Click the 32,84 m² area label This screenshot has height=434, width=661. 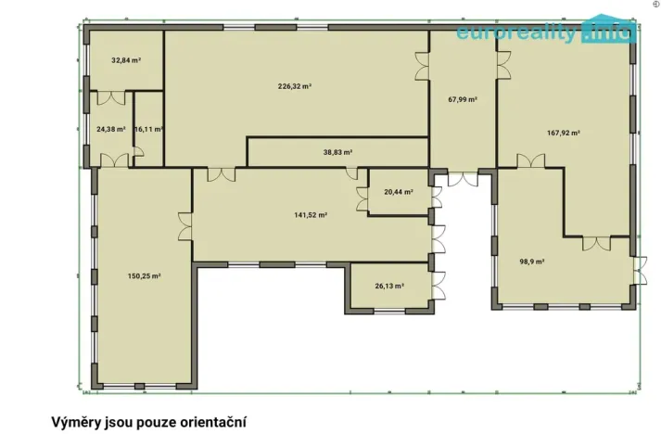[126, 61]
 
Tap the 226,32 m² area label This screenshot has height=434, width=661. [294, 86]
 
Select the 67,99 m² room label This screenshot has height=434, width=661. [462, 99]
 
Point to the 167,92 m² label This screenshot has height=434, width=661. [564, 133]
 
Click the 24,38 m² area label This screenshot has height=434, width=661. [110, 130]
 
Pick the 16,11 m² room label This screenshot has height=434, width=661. [148, 130]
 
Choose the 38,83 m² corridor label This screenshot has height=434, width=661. [337, 151]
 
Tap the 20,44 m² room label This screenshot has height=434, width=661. [398, 192]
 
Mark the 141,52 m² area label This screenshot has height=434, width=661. [310, 214]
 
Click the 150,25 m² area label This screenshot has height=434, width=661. [144, 275]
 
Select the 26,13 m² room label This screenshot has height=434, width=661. [389, 287]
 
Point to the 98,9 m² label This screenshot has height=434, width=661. [531, 262]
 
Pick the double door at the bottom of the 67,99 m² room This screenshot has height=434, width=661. [461, 177]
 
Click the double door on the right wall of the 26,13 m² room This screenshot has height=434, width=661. [437, 284]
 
